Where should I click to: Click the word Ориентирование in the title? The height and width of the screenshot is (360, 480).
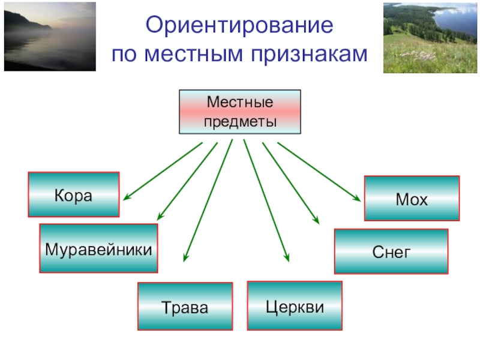(x=239, y=26)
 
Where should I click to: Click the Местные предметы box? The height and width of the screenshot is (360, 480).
(x=239, y=112)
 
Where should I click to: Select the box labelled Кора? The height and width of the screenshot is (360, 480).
(x=73, y=194)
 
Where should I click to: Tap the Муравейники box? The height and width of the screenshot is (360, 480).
(x=98, y=248)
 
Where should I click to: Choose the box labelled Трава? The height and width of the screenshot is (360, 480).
(x=185, y=307)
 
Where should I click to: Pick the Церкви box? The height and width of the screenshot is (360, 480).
(x=295, y=306)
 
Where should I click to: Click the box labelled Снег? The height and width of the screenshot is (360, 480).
(x=391, y=252)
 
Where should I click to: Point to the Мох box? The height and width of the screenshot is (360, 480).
(x=412, y=199)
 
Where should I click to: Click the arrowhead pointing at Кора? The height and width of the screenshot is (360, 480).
(x=128, y=196)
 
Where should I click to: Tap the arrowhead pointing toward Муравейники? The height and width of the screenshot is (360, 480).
(x=159, y=217)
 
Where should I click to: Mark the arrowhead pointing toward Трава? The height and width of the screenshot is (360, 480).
(x=186, y=257)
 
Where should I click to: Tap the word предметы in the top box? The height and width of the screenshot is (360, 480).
(x=239, y=122)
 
